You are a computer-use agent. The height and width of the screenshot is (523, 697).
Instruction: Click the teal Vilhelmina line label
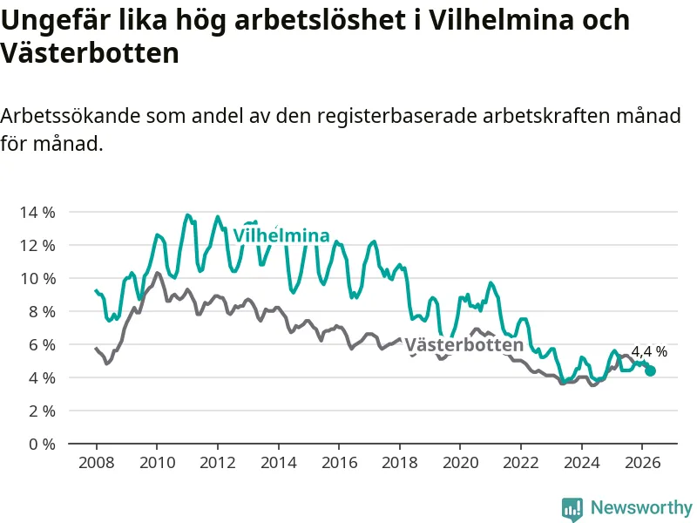(281, 235)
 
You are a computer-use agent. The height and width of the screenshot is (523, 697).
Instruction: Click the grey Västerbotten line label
(464, 345)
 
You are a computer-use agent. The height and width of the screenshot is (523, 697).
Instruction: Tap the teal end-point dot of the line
(650, 370)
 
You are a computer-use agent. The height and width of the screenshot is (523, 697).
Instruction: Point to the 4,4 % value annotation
(649, 352)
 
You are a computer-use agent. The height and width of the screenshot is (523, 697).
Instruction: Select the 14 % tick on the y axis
(37, 212)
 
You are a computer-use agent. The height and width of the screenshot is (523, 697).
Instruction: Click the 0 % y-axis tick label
(42, 444)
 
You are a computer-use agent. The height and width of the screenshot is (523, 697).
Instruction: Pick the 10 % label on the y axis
(37, 278)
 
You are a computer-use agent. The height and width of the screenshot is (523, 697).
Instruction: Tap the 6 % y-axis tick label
(42, 344)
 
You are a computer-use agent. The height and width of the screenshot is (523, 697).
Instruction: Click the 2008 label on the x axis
(97, 463)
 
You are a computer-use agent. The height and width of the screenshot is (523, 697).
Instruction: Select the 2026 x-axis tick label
(642, 463)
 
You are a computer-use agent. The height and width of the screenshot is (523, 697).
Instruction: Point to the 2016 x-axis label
(339, 463)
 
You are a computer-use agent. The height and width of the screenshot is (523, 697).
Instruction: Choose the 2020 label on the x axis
(461, 463)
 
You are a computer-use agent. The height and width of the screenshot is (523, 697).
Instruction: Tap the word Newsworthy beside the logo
(641, 507)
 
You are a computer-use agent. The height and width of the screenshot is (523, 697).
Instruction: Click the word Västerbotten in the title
(90, 53)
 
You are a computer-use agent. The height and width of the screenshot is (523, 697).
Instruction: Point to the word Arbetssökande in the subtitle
(71, 116)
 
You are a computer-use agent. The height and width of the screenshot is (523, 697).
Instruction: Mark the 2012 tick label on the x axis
(218, 463)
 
